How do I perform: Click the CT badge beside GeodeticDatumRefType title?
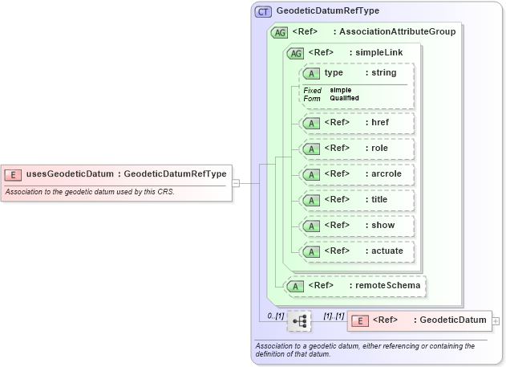[263, 11]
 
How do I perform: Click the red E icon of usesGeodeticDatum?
[14, 173]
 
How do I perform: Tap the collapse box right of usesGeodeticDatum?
[235, 183]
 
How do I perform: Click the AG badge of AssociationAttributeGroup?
[280, 32]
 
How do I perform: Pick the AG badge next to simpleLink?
[296, 53]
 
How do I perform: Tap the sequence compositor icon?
[299, 320]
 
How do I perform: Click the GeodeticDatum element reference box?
[419, 320]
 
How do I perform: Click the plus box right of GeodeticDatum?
[496, 320]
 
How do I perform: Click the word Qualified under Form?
[344, 98]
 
